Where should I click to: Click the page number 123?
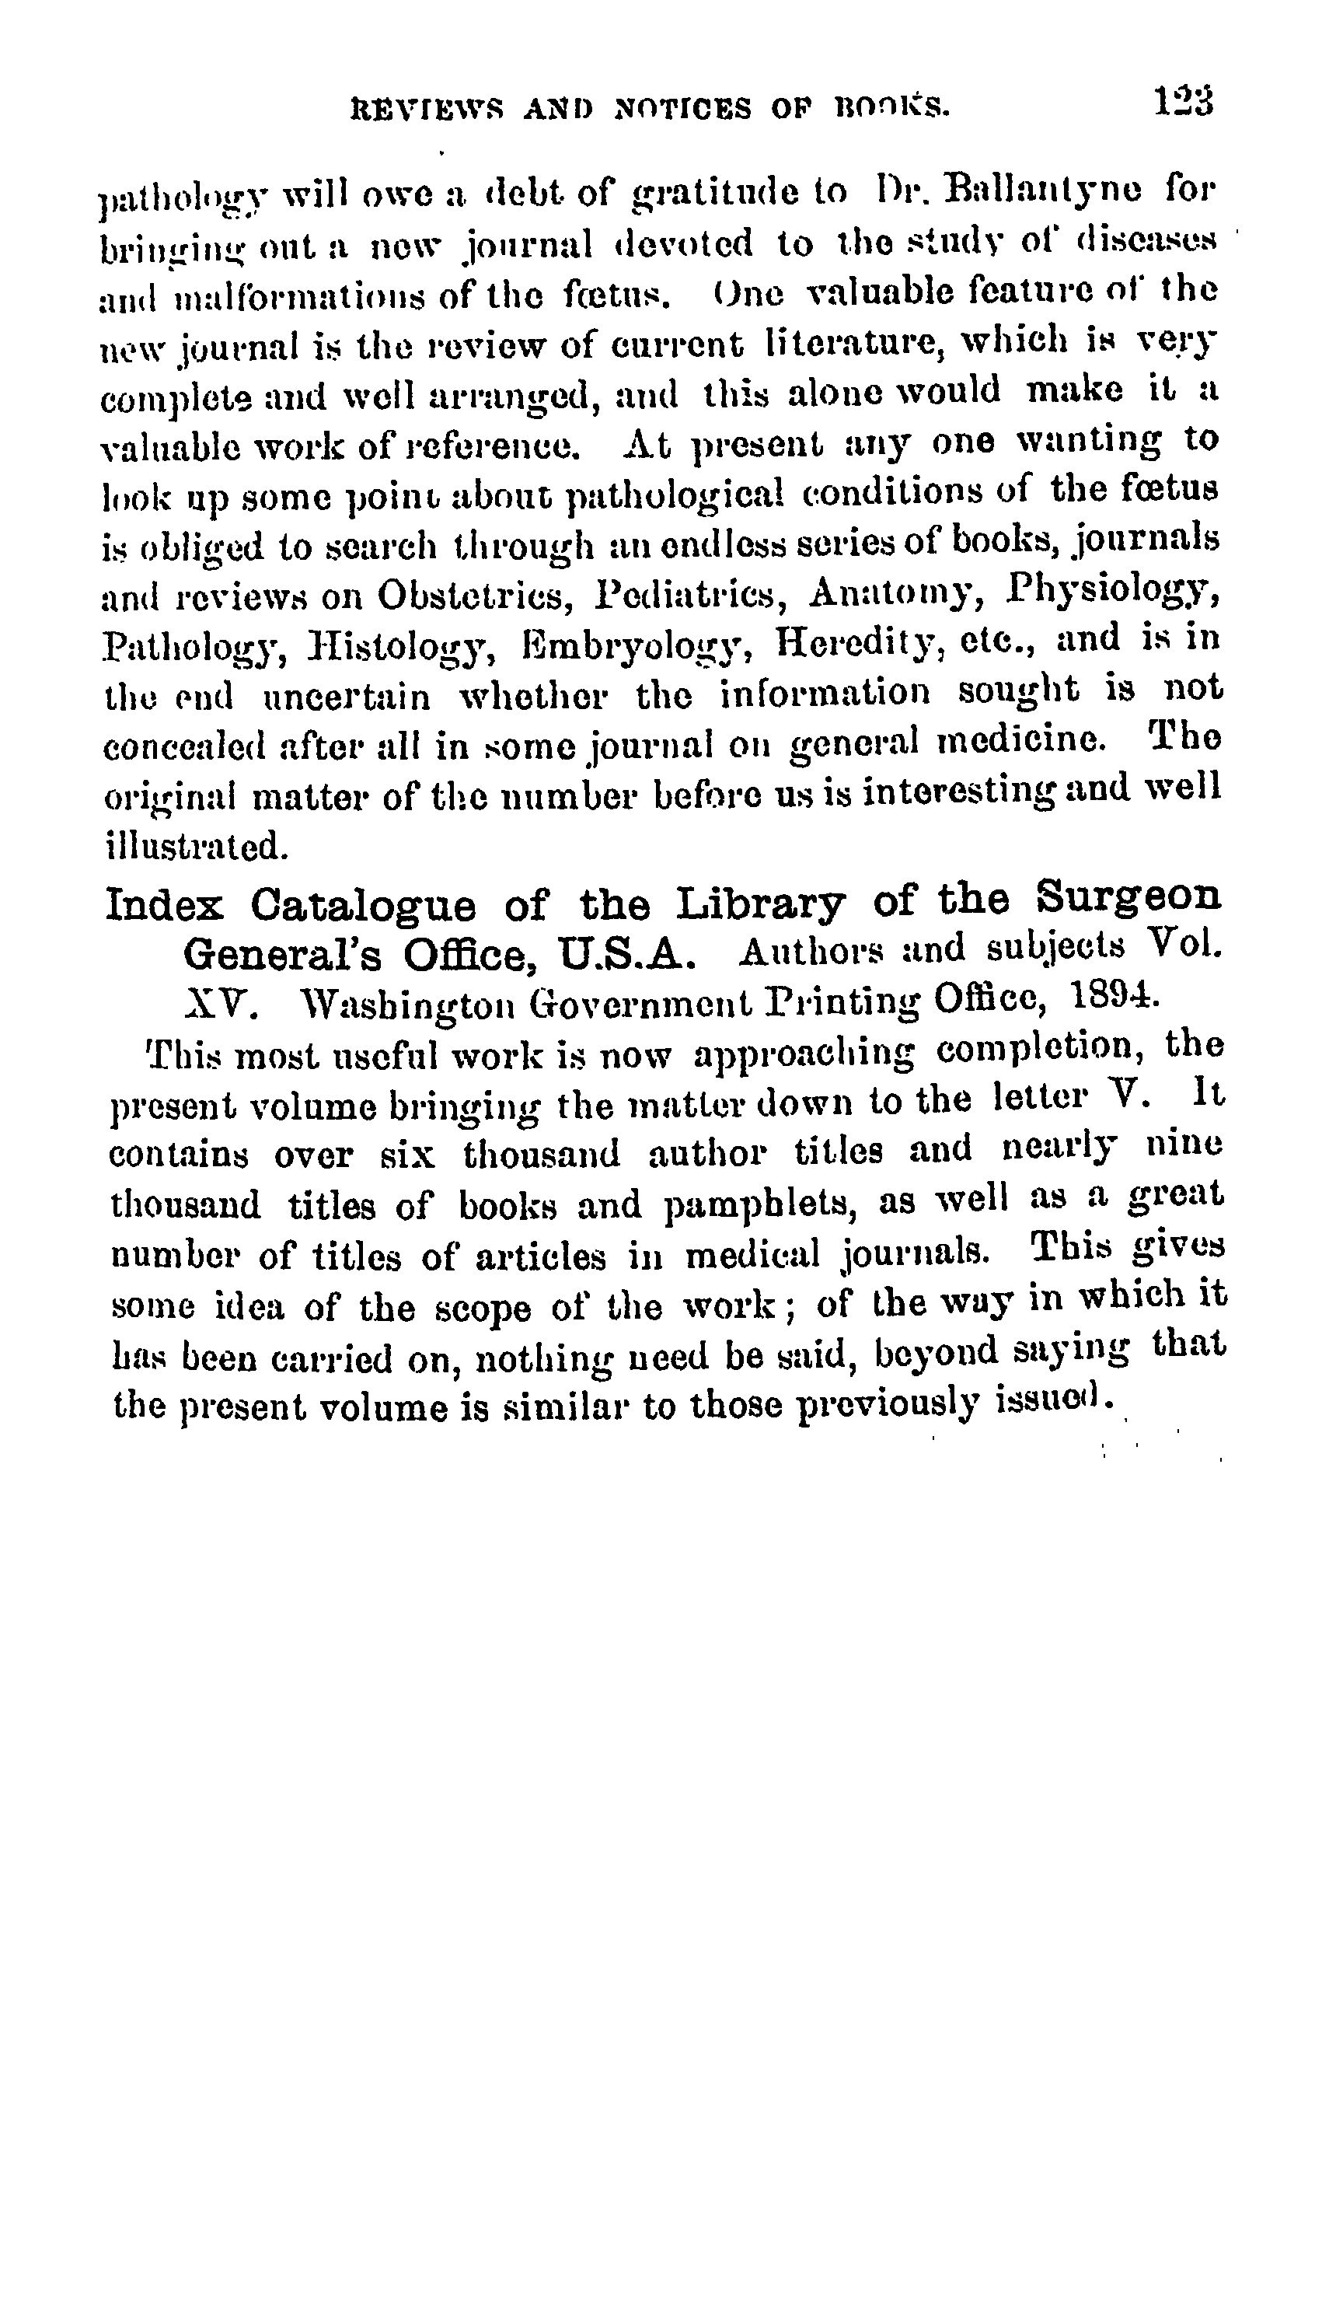click(x=1184, y=100)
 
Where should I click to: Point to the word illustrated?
click(x=198, y=844)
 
